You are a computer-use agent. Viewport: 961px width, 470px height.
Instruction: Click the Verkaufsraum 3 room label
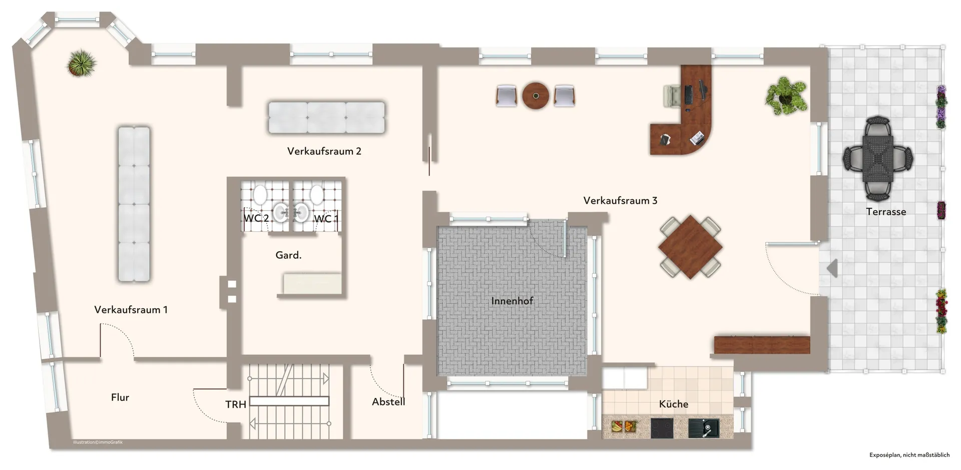tap(620, 201)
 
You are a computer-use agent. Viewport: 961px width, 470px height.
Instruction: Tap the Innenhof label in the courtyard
tap(512, 301)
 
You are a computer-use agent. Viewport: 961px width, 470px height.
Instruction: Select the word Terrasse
tap(886, 212)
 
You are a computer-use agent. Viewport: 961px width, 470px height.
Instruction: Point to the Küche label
tap(673, 404)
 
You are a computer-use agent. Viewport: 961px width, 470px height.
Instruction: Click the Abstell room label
tap(388, 401)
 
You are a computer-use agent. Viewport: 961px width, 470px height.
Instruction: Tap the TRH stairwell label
tap(236, 404)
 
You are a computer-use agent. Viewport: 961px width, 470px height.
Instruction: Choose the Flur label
tap(120, 397)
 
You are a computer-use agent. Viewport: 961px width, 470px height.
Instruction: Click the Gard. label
tap(288, 255)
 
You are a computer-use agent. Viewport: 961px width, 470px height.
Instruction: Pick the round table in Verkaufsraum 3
tap(536, 96)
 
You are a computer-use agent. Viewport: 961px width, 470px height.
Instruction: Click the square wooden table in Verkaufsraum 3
tap(690, 247)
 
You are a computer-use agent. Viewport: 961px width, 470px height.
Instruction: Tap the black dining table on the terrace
tap(878, 159)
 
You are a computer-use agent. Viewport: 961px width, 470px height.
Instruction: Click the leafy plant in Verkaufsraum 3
tap(786, 96)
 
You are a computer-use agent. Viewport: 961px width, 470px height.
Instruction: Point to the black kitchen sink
tap(704, 428)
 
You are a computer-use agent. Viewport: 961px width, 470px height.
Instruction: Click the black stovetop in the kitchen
tap(665, 428)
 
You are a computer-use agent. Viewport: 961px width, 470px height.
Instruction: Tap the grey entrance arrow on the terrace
tap(832, 268)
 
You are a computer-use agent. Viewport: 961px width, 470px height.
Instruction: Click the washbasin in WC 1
tap(301, 212)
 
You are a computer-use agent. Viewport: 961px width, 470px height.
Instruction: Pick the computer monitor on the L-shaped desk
tap(702, 90)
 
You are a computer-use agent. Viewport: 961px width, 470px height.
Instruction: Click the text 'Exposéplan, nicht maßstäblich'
tap(909, 455)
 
